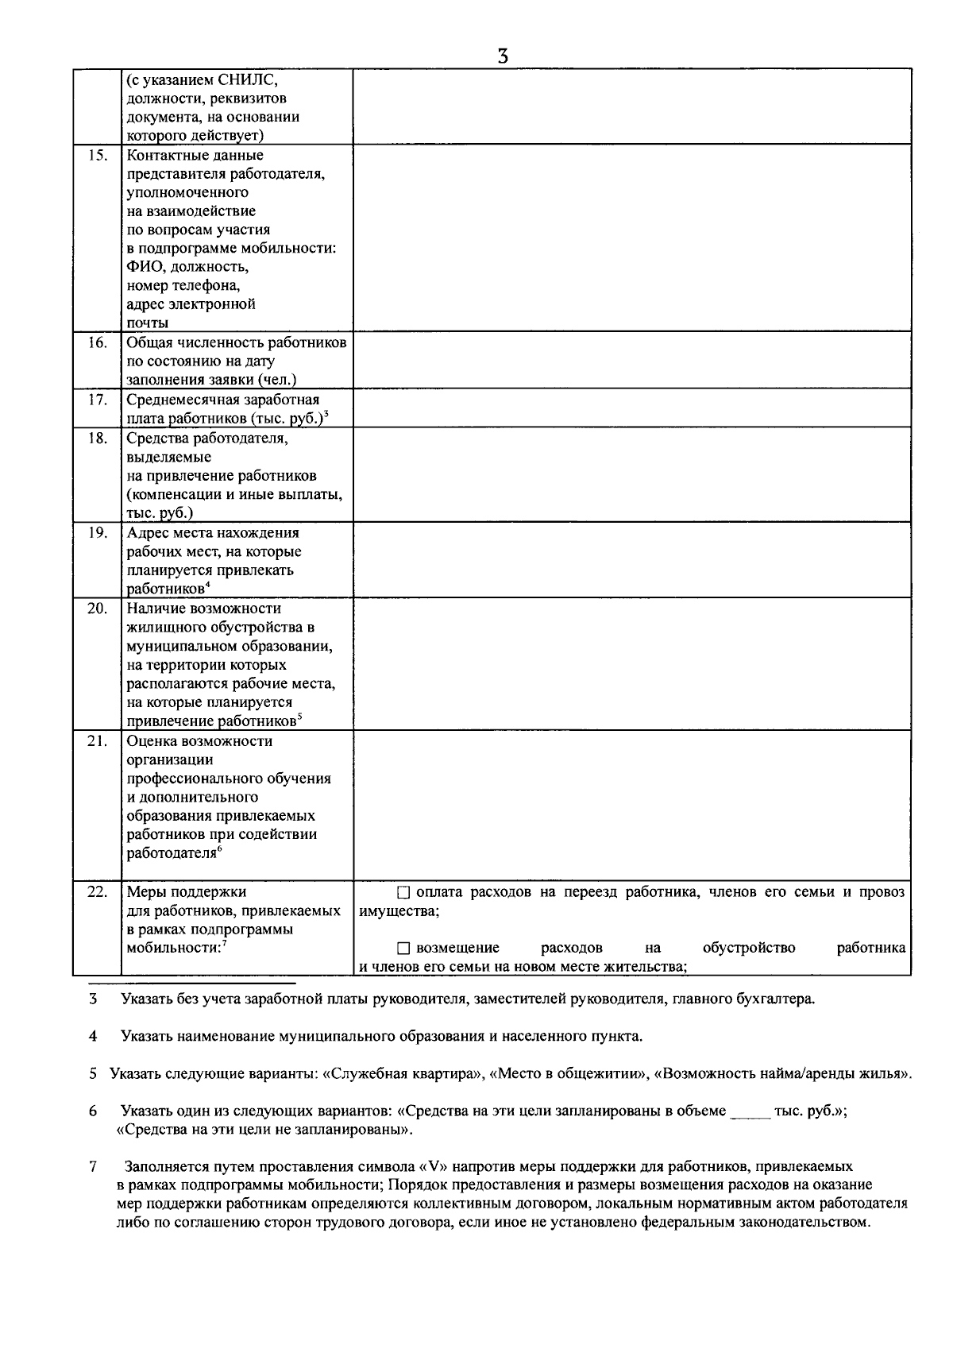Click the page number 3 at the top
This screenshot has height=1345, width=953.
click(502, 56)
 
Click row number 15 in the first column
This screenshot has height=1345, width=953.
click(97, 156)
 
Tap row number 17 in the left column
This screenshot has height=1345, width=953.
click(97, 400)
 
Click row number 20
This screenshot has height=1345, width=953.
click(97, 609)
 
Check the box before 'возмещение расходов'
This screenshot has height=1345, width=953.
click(403, 949)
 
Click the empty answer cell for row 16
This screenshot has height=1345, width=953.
click(631, 360)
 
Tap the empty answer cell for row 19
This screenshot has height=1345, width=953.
click(631, 559)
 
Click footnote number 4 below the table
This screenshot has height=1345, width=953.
click(93, 1036)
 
